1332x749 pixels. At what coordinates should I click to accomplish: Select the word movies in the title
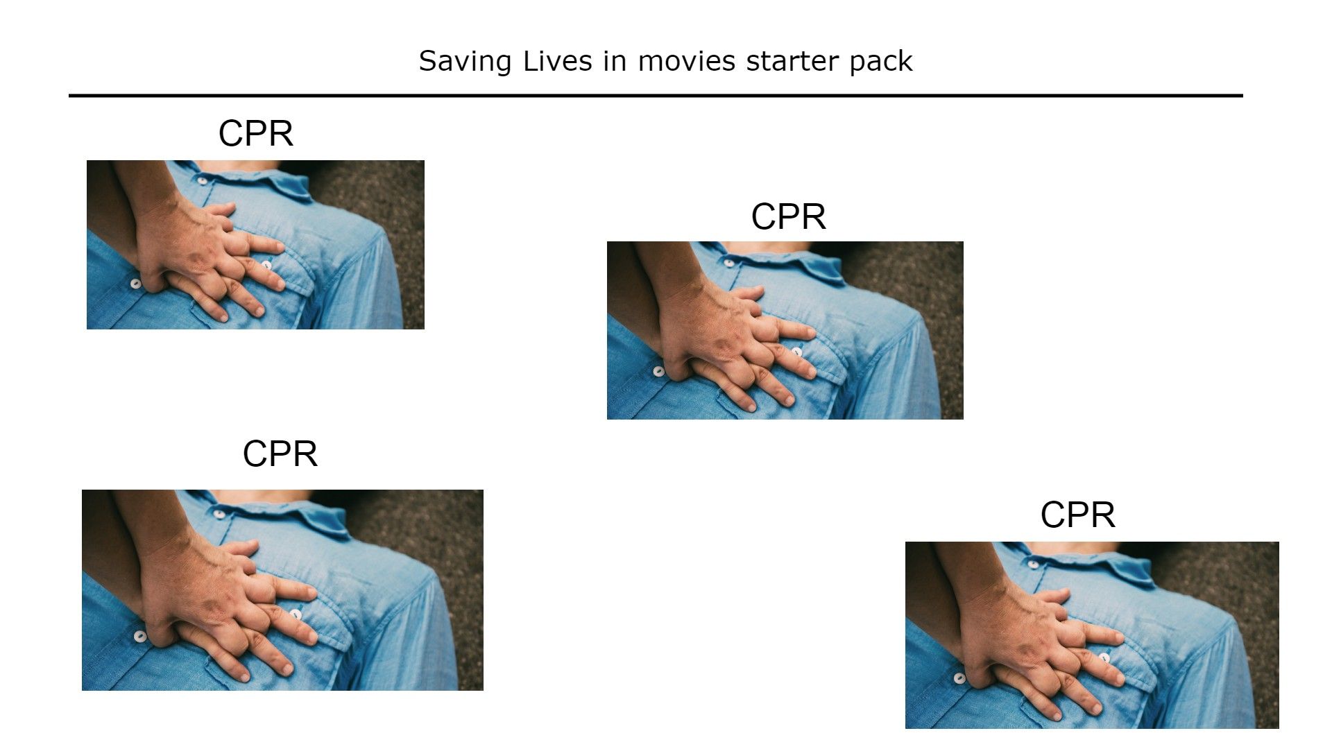tap(686, 61)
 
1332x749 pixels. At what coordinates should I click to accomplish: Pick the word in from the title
tap(615, 61)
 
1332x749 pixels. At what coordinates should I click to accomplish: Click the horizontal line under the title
tap(655, 96)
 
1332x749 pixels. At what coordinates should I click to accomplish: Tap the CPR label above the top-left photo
tap(255, 133)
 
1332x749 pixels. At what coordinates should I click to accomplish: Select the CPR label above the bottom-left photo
tap(280, 454)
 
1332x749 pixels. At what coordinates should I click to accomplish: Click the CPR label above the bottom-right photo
tap(1077, 515)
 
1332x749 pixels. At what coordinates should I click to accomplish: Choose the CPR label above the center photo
tap(788, 216)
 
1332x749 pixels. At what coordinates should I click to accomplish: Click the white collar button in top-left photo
tap(202, 180)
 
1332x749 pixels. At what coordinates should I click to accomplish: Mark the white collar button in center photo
tap(728, 262)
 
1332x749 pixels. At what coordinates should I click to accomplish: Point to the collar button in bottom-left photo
tap(219, 514)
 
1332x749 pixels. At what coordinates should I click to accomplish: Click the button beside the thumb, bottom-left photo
tap(140, 636)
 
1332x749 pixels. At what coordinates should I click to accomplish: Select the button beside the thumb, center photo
tap(658, 371)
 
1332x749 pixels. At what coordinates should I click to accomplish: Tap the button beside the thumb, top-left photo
tap(136, 283)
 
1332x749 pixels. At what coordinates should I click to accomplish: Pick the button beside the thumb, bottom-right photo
tap(959, 678)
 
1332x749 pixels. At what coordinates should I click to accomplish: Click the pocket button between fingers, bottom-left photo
tap(296, 614)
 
